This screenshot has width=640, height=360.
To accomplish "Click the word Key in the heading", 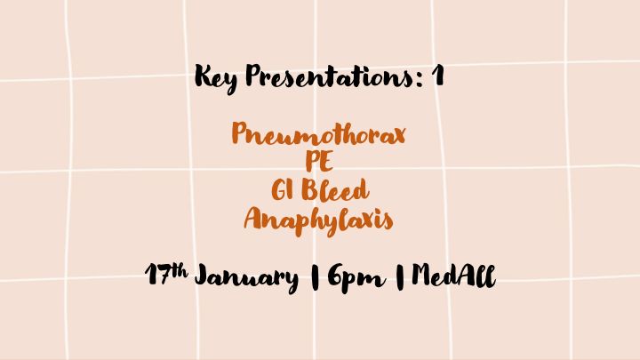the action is pos(216,78).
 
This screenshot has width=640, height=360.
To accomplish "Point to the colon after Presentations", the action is pos(420,79).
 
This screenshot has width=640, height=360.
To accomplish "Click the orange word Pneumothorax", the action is pos(319,134).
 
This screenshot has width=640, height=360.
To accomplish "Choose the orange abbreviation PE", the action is pos(319,162).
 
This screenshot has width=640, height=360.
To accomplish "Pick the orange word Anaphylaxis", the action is pos(318,220).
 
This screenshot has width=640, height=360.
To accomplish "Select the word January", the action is pos(246,278).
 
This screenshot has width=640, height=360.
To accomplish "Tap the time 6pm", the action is pos(356,278).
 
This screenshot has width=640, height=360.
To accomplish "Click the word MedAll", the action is pos(454,276).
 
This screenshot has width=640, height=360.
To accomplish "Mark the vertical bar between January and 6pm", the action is pos(315,277).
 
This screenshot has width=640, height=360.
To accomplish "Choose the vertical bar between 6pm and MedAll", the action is pos(400,276).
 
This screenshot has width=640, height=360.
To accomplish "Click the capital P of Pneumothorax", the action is pos(241,133).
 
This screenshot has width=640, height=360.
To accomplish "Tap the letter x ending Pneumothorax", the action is pos(397,135).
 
